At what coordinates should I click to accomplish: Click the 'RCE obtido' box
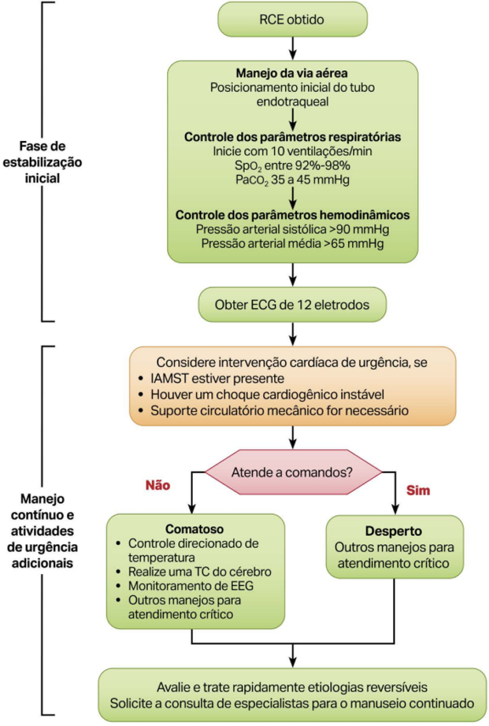[292, 20]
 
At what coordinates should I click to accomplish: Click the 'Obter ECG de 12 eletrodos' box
[292, 304]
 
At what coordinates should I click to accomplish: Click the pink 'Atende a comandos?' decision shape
[292, 473]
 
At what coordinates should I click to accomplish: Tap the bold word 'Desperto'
[393, 530]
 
